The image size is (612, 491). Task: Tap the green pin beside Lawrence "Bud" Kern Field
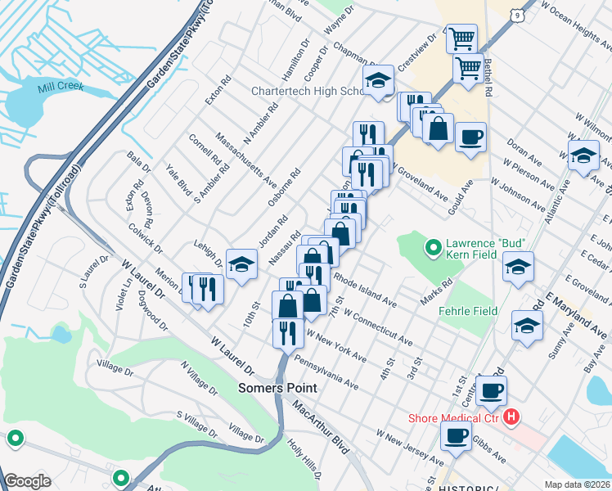point(433,244)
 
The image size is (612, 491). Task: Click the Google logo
point(27,481)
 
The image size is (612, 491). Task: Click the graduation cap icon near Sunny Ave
point(527,325)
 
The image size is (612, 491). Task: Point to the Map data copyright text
point(578,483)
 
